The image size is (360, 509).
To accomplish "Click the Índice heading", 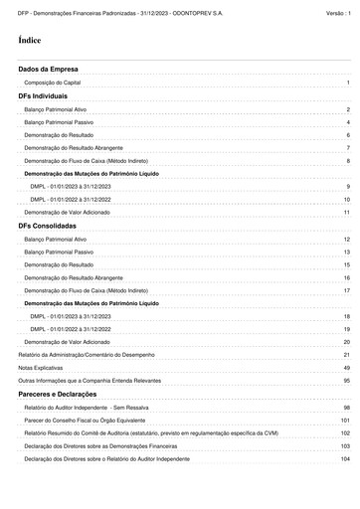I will (x=30, y=41).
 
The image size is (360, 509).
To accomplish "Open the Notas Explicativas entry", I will (x=42, y=368).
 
